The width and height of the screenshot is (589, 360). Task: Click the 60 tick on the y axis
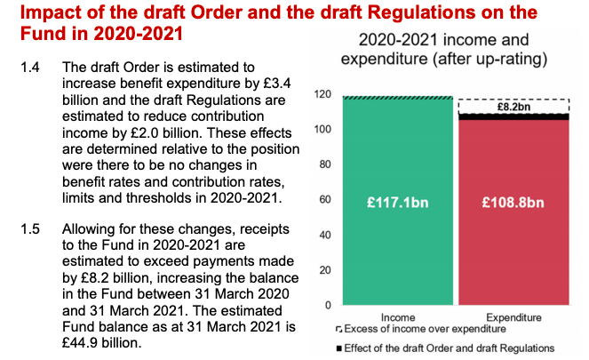tap(324, 200)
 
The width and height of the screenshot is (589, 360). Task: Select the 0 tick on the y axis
tap(327, 305)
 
